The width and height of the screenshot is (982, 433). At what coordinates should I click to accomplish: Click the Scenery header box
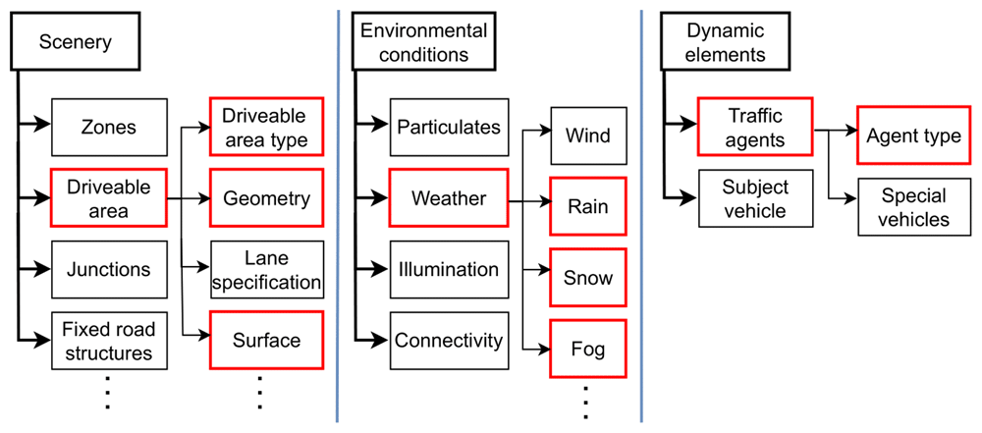(x=76, y=42)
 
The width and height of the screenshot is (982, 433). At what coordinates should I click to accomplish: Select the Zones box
(x=110, y=128)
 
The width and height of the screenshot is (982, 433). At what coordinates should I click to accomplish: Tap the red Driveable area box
(x=110, y=198)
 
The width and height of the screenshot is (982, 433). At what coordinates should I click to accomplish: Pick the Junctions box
(x=110, y=269)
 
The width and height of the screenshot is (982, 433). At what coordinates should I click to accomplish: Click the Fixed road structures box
(x=110, y=341)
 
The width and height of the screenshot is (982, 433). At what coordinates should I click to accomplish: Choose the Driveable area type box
(x=266, y=128)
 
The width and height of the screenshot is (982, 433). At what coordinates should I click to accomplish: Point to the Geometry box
(x=266, y=198)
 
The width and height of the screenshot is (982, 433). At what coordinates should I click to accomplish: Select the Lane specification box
(x=266, y=269)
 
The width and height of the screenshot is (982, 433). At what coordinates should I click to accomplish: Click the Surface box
(x=266, y=341)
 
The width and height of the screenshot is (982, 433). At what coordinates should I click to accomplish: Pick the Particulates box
(x=448, y=128)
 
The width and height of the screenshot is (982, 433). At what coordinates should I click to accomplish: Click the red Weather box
(x=448, y=198)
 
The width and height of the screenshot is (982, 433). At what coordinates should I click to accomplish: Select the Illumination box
(x=448, y=269)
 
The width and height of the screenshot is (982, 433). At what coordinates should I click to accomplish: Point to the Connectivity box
(x=448, y=341)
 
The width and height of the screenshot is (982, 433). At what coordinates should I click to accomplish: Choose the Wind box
(x=588, y=135)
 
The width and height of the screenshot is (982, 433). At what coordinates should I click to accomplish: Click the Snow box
(x=588, y=278)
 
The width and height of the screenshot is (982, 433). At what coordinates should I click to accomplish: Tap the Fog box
(x=588, y=349)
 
